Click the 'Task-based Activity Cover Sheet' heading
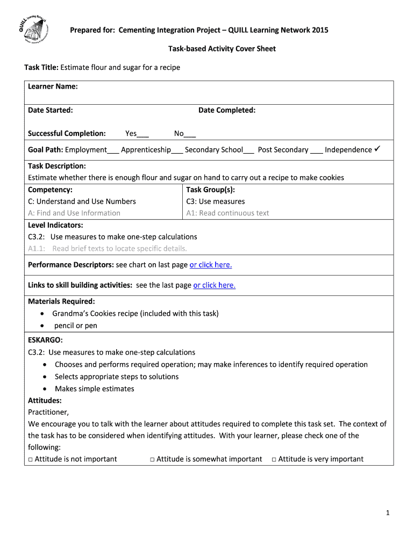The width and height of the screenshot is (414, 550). [x=222, y=49]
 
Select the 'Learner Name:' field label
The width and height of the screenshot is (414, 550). [x=53, y=86]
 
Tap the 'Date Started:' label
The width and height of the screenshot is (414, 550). [x=51, y=110]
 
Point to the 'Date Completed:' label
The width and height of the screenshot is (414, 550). [x=227, y=110]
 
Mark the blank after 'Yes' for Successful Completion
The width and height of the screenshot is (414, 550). [x=143, y=134]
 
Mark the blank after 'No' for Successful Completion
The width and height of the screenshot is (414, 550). [x=190, y=134]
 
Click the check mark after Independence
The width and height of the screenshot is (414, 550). [x=377, y=149]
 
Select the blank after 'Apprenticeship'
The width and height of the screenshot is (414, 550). [x=177, y=150]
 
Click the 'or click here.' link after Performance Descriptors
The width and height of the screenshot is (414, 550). [x=211, y=265]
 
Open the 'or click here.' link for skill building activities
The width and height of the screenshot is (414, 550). [x=215, y=285]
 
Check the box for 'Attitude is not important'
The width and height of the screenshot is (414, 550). [x=31, y=459]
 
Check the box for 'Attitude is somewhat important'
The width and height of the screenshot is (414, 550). [x=153, y=459]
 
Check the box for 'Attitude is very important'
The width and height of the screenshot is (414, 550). [x=274, y=459]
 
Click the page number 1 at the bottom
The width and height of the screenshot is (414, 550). [x=387, y=513]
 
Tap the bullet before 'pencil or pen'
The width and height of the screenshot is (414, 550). [x=43, y=326]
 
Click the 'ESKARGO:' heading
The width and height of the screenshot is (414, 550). [x=45, y=340]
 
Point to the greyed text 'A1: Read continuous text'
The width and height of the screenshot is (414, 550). [x=227, y=213]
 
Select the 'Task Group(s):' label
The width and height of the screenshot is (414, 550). [x=210, y=190]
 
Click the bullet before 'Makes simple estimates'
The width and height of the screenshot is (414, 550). [x=45, y=389]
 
